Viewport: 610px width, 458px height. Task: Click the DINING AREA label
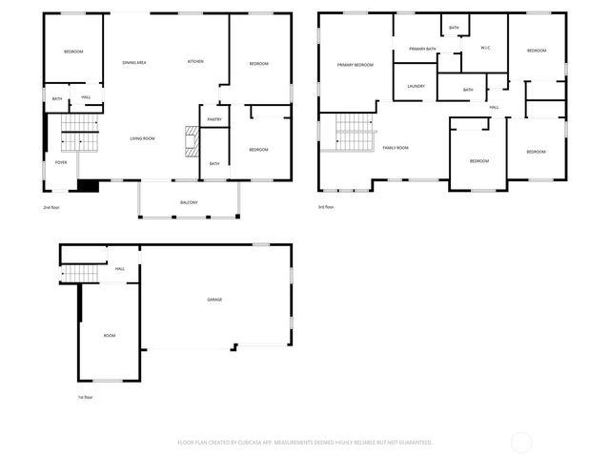tap(133, 62)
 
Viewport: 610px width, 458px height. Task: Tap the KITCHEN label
tap(195, 62)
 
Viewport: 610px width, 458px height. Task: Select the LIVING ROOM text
tap(142, 138)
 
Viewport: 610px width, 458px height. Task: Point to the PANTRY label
tap(213, 120)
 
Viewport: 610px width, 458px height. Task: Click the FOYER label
tap(61, 163)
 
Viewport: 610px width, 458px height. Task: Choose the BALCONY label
tap(189, 202)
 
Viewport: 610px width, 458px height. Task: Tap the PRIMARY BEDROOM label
tap(355, 65)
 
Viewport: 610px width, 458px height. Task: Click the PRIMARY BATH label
tap(422, 49)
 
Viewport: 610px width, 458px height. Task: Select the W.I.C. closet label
tap(485, 47)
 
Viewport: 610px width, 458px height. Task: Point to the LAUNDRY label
tap(416, 87)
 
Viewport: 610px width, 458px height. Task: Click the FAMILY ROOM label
tap(396, 147)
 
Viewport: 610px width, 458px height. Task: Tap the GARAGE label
tap(215, 300)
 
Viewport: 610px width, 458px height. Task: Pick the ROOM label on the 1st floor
tap(110, 335)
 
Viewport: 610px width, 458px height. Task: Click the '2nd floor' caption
tap(51, 207)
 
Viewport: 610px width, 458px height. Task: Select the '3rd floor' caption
tap(327, 207)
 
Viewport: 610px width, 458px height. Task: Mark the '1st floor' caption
tap(86, 397)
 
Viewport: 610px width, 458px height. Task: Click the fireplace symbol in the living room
tap(190, 141)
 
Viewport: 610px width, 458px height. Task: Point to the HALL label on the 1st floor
tap(120, 269)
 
